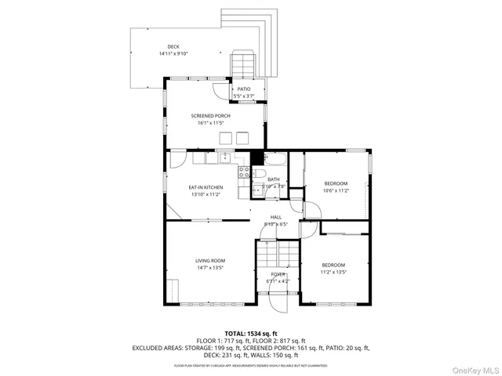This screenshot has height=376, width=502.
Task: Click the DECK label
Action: [x=173, y=47]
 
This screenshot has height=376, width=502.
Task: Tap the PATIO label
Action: [x=244, y=89]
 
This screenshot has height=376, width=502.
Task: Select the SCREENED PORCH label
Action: [x=211, y=116]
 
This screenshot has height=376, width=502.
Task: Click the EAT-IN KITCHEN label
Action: [x=206, y=187]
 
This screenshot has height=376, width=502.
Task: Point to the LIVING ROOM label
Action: [x=210, y=260]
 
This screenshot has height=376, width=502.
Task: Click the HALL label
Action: [x=276, y=217]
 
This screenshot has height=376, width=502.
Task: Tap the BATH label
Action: [x=273, y=179]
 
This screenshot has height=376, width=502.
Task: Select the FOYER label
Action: [x=278, y=273]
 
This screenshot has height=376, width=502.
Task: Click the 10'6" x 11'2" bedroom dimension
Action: [x=336, y=190]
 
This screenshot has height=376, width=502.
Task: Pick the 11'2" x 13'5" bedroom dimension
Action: [x=333, y=273]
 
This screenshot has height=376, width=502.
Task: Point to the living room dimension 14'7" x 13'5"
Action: [x=210, y=268]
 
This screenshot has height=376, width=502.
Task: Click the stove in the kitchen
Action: [x=244, y=171]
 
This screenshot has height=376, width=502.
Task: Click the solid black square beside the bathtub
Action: [x=256, y=156]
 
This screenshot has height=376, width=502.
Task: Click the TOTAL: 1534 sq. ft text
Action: [x=250, y=333]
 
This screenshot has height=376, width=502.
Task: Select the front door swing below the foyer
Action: [x=275, y=301]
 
